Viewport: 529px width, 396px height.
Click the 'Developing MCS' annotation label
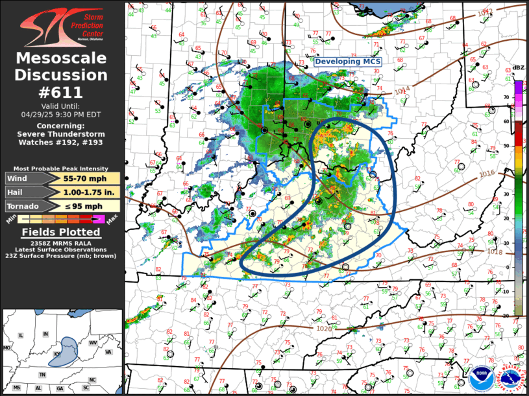click(349, 62)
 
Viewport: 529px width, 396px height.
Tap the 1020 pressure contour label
click(326, 329)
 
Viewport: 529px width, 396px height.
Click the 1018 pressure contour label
click(495, 252)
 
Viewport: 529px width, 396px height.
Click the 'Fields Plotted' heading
click(62, 232)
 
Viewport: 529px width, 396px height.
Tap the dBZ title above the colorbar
click(518, 68)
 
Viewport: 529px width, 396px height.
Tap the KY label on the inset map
click(58, 354)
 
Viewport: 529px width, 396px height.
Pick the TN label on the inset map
click(43, 375)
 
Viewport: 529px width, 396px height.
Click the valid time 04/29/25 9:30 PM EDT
click(62, 113)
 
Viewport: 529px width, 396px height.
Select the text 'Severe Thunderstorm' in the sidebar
click(62, 134)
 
